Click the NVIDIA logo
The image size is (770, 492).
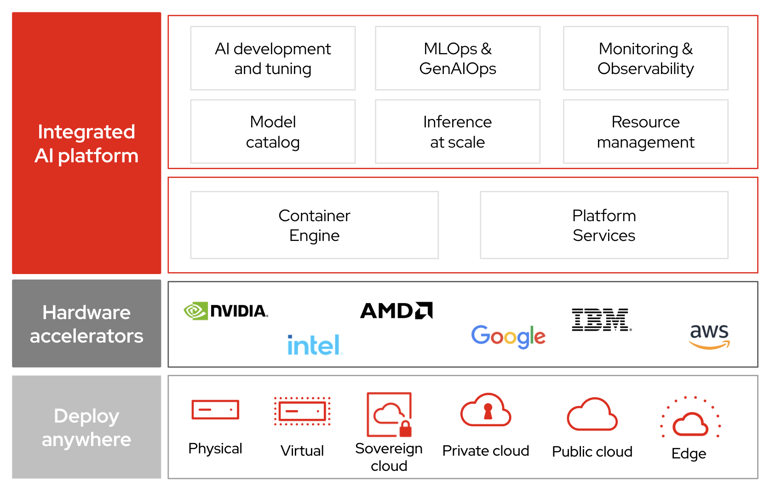225,311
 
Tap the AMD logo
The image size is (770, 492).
396,311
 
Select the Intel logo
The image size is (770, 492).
315,345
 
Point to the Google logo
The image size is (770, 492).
508,336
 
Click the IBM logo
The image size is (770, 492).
601,320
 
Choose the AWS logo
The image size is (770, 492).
709,336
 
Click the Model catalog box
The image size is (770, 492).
273,132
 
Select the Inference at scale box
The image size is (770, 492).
457,132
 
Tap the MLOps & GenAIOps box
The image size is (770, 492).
457,58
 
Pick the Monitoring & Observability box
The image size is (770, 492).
645,58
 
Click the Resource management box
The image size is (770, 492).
645,132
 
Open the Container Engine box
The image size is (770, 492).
314,225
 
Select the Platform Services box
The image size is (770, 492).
604,225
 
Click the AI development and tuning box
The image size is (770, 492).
273,58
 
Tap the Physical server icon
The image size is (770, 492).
215,410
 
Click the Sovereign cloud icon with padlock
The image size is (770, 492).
389,414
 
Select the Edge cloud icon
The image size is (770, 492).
690,418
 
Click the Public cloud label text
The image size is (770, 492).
592,452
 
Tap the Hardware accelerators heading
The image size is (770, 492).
86,324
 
